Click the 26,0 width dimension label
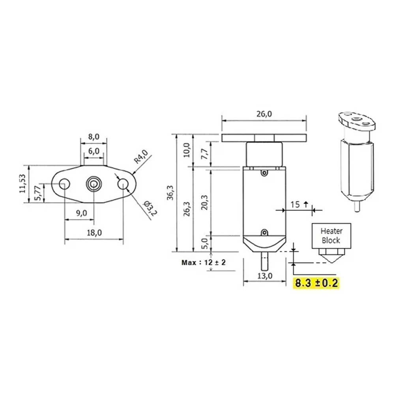click(264, 114)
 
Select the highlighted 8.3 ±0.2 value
click(316, 283)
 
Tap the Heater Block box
click(331, 236)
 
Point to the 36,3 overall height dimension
click(170, 193)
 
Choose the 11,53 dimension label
click(23, 183)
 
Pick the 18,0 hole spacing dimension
click(94, 233)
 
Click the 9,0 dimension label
click(81, 213)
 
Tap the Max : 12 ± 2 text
click(204, 262)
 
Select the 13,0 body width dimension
click(265, 276)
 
